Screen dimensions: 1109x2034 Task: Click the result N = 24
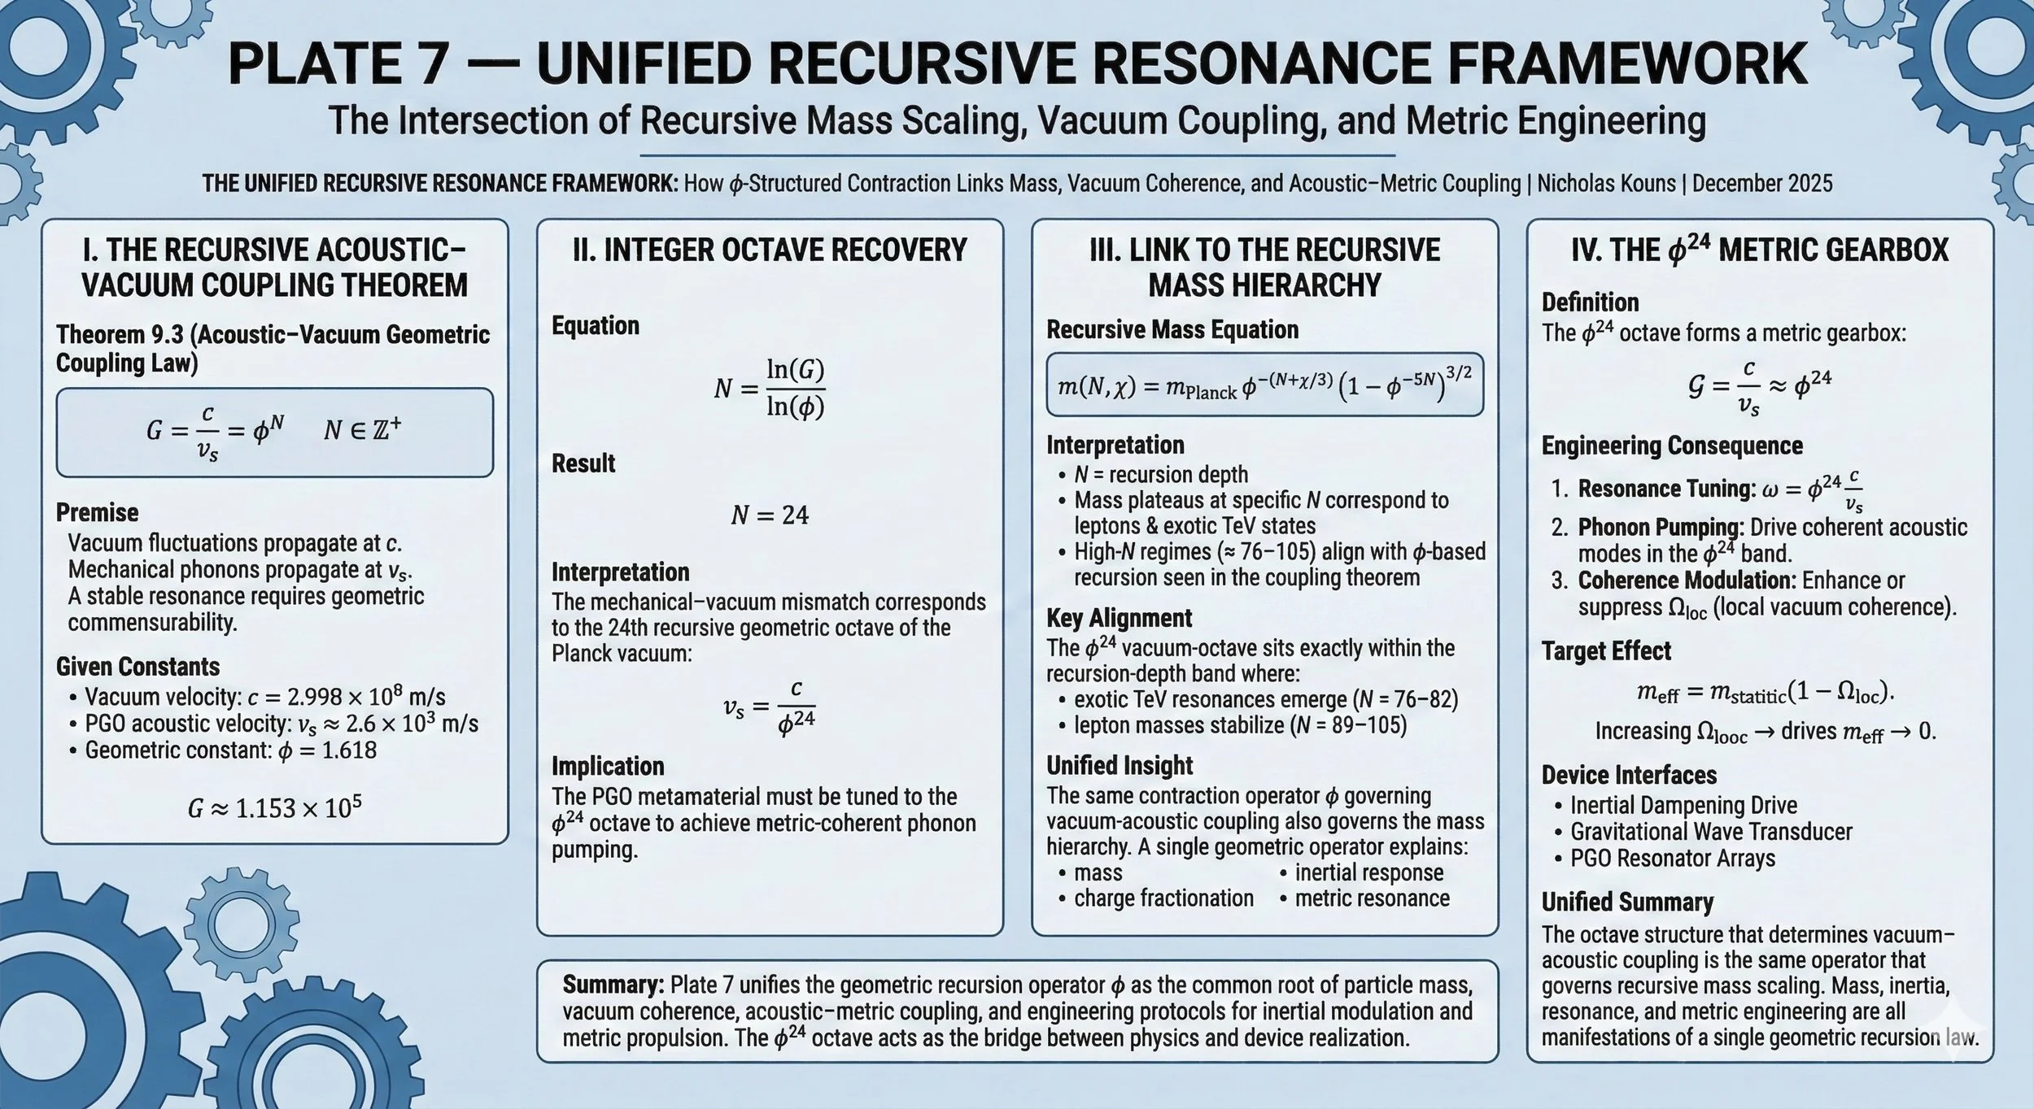(x=770, y=515)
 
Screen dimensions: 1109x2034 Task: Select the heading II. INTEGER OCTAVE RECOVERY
(x=770, y=250)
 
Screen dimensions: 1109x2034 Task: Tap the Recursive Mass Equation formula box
(x=1264, y=385)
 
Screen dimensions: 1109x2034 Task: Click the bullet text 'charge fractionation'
(x=1163, y=898)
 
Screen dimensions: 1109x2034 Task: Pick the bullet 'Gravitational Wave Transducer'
(x=1710, y=832)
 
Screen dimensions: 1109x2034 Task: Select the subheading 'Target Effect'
(x=1606, y=651)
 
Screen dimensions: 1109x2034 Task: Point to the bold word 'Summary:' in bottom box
(x=613, y=985)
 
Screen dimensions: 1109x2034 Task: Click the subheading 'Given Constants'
(x=138, y=667)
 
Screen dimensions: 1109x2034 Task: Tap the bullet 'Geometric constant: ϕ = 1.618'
(x=230, y=750)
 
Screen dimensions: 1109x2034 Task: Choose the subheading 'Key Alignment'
(x=1119, y=618)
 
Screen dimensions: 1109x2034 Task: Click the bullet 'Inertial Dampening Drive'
(x=1683, y=806)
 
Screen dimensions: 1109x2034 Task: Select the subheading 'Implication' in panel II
(x=608, y=766)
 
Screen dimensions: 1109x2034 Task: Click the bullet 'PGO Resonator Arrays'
(x=1672, y=859)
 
